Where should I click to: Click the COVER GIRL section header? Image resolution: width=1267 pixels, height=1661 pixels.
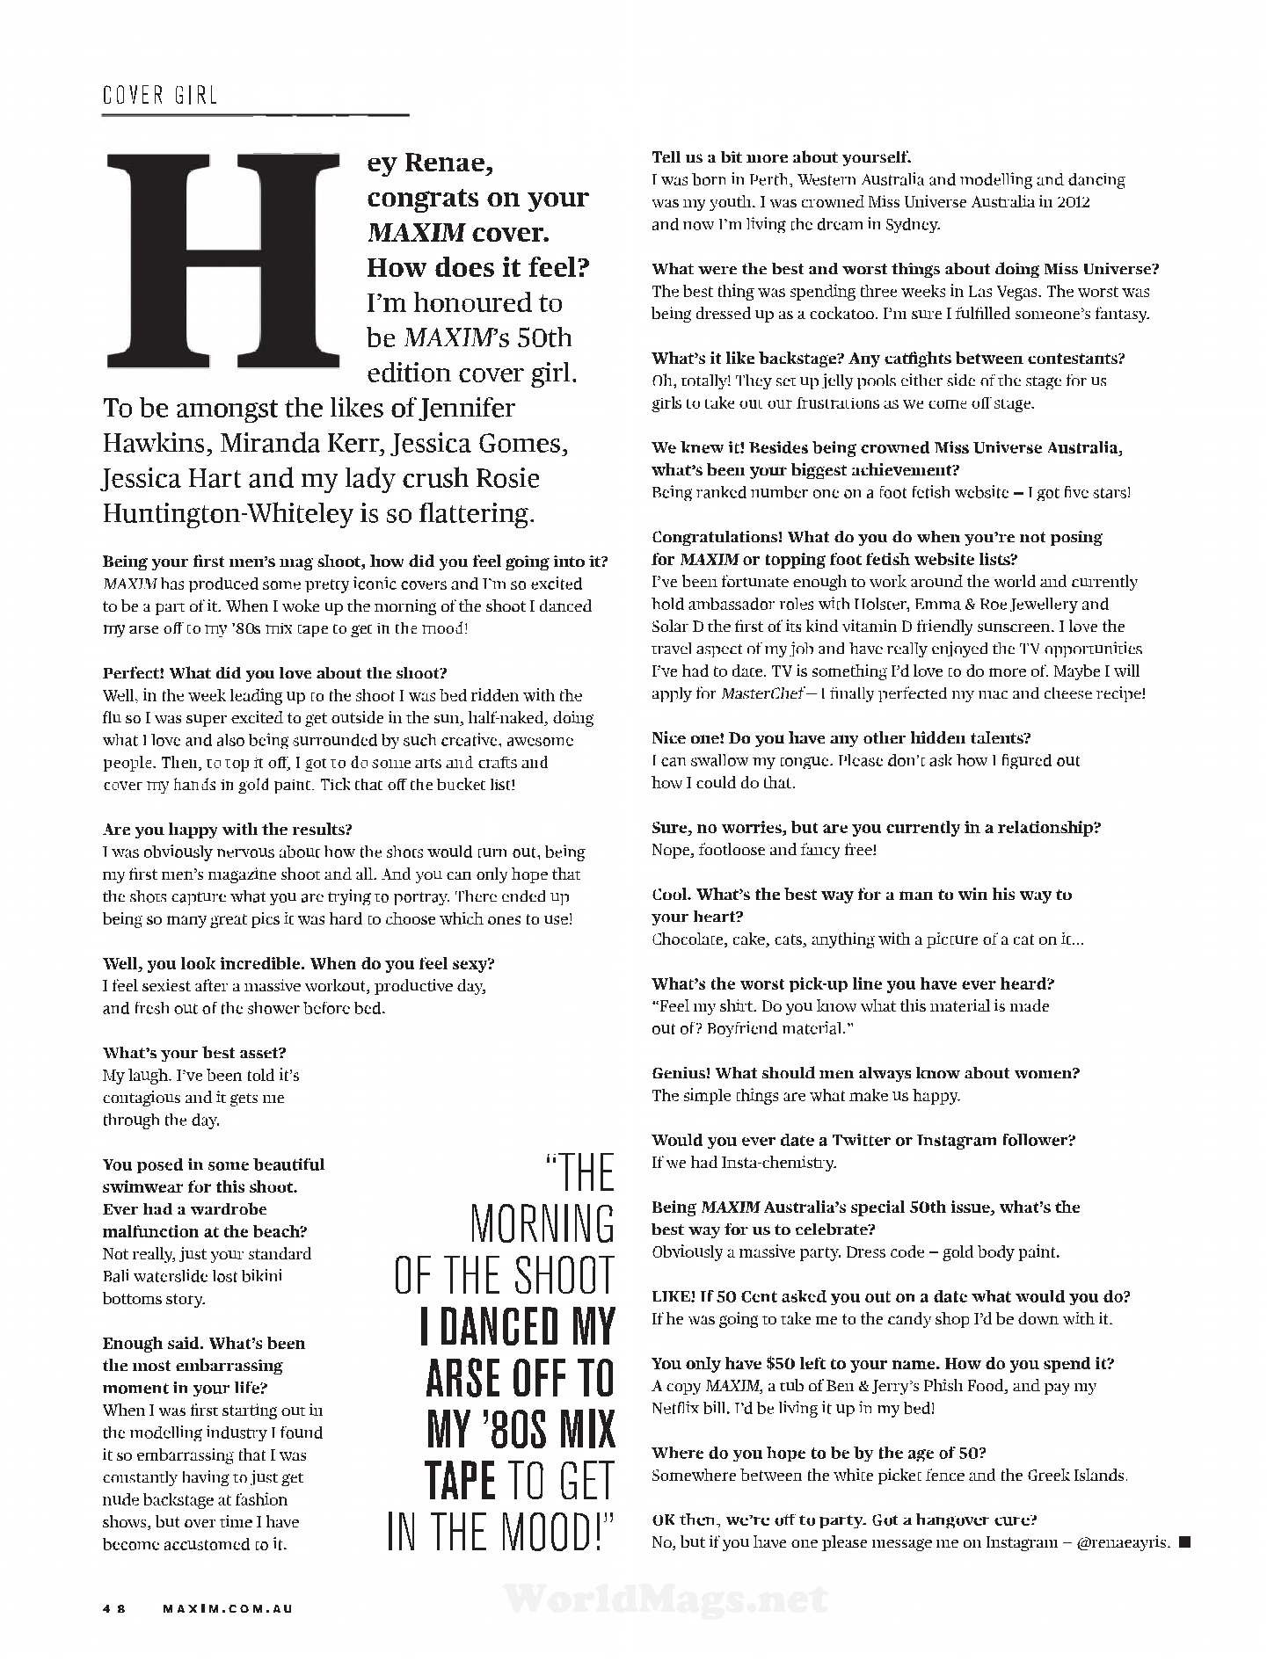(x=159, y=95)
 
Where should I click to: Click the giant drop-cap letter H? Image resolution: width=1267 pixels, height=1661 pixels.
(x=222, y=262)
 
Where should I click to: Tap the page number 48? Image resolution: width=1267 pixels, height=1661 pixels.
(x=114, y=1609)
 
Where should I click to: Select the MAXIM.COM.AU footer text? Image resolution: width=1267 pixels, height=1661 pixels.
(x=228, y=1609)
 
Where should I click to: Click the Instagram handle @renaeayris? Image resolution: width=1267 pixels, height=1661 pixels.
(x=1123, y=1542)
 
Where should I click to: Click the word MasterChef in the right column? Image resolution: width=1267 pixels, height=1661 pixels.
(x=759, y=693)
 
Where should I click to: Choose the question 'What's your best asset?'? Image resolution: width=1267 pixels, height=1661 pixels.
(x=194, y=1053)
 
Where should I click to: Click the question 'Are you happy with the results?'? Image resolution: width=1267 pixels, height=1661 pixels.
(x=228, y=830)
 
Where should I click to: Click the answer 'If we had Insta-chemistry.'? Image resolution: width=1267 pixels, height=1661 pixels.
(x=744, y=1163)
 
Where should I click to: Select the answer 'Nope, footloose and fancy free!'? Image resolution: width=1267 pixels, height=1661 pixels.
(x=764, y=850)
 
